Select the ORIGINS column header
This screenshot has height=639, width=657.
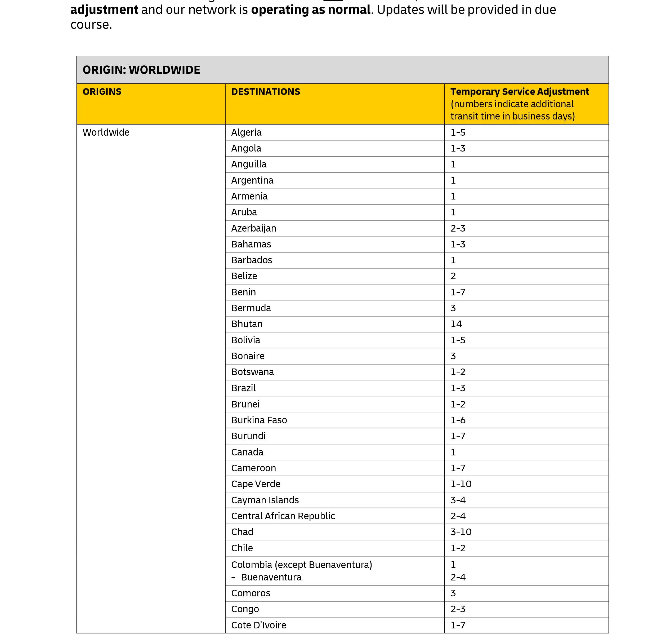click(x=102, y=92)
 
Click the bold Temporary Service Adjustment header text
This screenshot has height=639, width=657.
click(x=519, y=92)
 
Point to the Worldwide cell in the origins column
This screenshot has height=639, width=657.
click(x=106, y=132)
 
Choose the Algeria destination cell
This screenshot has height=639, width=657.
click(x=246, y=132)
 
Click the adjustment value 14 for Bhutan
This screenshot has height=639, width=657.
click(x=456, y=324)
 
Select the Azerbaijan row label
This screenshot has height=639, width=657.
click(x=254, y=228)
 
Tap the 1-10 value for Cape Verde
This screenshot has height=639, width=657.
click(x=461, y=484)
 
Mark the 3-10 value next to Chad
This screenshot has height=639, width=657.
click(x=461, y=532)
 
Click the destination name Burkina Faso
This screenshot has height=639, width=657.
click(x=259, y=420)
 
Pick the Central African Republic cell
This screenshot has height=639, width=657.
click(x=283, y=516)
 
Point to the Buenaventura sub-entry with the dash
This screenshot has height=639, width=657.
click(x=271, y=577)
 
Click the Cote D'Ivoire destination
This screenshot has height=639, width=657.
click(x=259, y=625)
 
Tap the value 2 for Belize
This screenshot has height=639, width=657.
click(x=453, y=276)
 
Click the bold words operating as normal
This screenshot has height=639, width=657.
click(x=310, y=10)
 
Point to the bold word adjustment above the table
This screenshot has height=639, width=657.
click(x=104, y=10)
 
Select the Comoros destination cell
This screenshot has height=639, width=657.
click(x=251, y=593)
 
